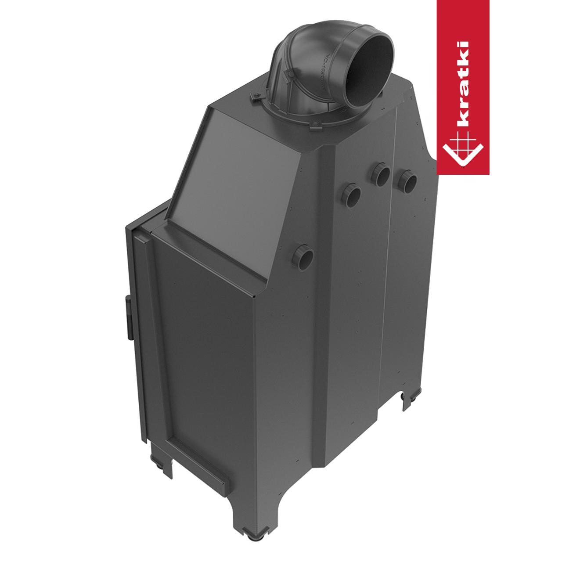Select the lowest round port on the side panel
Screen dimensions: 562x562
pyautogui.click(x=304, y=257)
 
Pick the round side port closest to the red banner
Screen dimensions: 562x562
pyautogui.click(x=407, y=181)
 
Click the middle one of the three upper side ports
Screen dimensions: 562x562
pyautogui.click(x=381, y=174)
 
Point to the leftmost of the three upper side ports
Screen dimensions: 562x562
pyautogui.click(x=351, y=195)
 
